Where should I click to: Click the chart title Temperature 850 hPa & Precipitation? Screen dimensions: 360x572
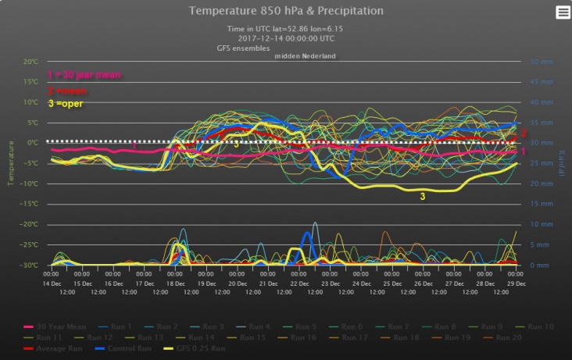coord(286,11)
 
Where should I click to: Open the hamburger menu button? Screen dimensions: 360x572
coord(563,12)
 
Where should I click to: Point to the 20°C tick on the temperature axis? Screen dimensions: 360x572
coord(30,62)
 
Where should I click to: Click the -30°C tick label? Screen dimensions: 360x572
coord(30,266)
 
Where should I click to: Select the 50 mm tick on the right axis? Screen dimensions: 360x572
coord(542,62)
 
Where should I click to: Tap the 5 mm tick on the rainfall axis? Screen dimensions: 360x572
coord(540,245)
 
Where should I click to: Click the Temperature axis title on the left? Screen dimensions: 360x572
coord(11,163)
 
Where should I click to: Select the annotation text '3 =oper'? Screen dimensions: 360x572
coord(66,104)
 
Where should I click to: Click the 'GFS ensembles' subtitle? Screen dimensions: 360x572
coord(243,48)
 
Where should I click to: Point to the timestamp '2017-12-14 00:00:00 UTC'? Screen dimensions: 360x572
coord(286,37)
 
